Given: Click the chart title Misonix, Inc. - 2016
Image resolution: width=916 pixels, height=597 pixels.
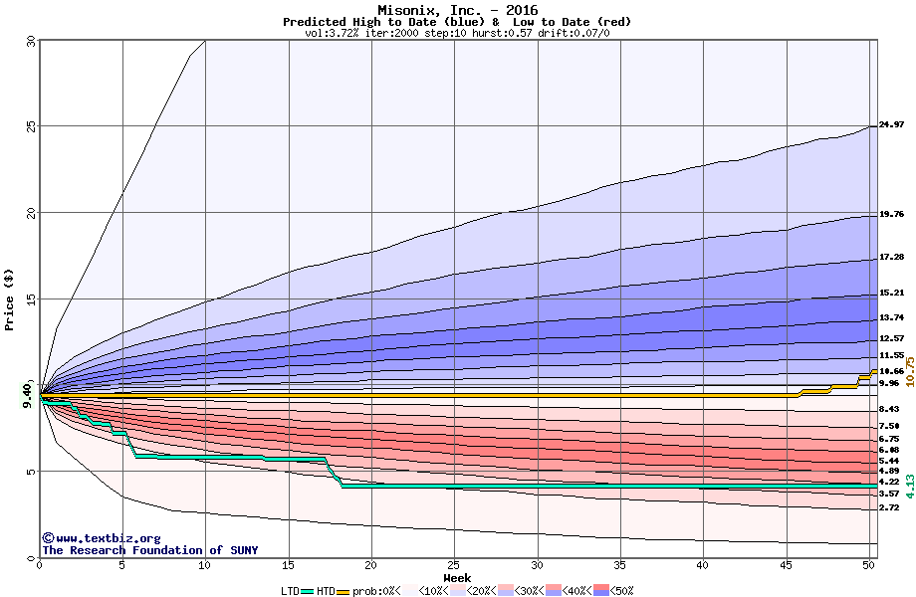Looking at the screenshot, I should pyautogui.click(x=457, y=10).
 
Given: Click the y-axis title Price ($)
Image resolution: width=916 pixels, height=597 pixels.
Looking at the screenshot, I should pyautogui.click(x=10, y=298).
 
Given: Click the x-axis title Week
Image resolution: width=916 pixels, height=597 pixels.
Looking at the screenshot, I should pyautogui.click(x=457, y=578).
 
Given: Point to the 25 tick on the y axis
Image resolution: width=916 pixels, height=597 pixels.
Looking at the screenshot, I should pyautogui.click(x=30, y=126).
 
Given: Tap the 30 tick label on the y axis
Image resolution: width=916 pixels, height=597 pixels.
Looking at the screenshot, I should pyautogui.click(x=30, y=41).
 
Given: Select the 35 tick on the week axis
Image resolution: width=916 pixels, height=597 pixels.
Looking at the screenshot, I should pyautogui.click(x=620, y=565).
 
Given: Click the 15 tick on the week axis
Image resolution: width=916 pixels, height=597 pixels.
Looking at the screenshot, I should pyautogui.click(x=289, y=565).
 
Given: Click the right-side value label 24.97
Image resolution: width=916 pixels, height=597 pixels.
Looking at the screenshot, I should pyautogui.click(x=891, y=124).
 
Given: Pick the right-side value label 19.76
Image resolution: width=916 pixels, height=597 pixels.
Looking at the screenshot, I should pyautogui.click(x=891, y=214).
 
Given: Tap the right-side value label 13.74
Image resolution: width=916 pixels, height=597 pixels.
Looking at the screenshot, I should pyautogui.click(x=891, y=317).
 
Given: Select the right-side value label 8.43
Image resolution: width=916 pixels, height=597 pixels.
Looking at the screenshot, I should pyautogui.click(x=888, y=409).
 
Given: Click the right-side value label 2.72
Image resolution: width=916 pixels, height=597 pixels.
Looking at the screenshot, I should pyautogui.click(x=888, y=507).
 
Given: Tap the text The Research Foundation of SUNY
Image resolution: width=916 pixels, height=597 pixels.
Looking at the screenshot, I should pyautogui.click(x=149, y=550).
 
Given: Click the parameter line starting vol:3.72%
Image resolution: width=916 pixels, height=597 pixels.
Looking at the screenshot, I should pyautogui.click(x=457, y=33).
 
